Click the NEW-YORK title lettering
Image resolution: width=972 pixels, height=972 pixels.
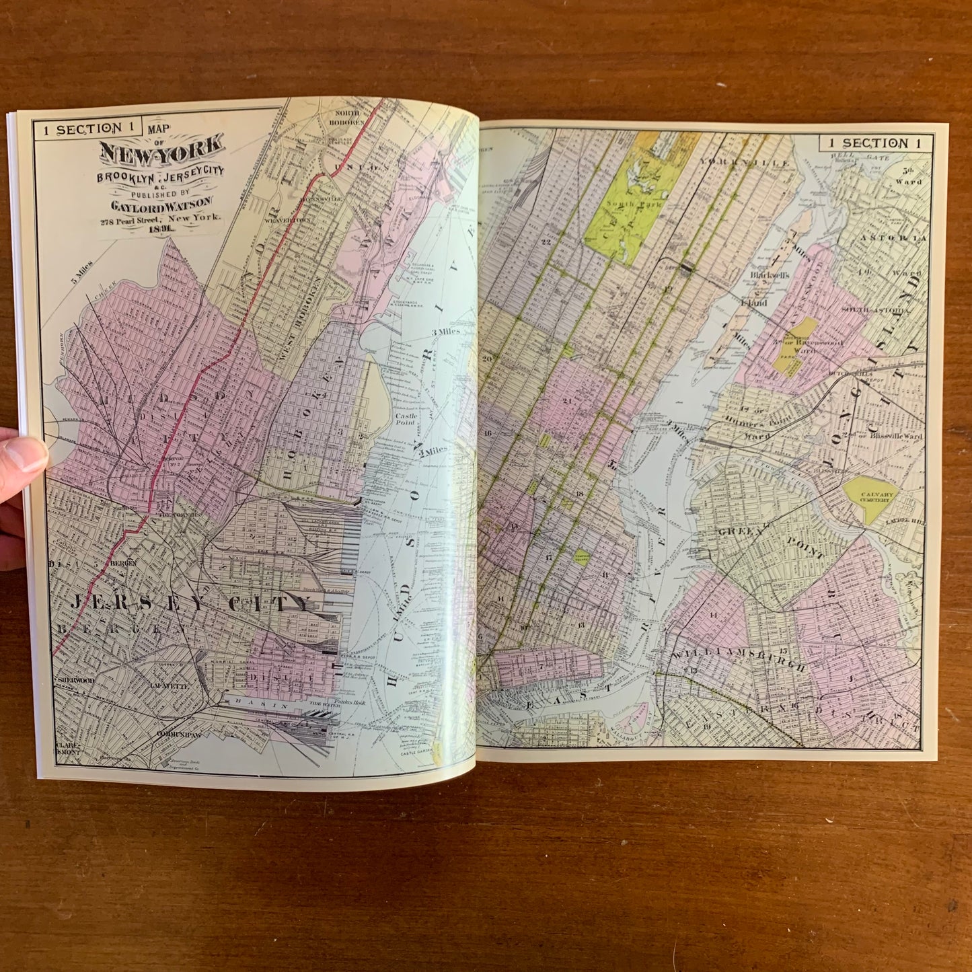tap(162, 152)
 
